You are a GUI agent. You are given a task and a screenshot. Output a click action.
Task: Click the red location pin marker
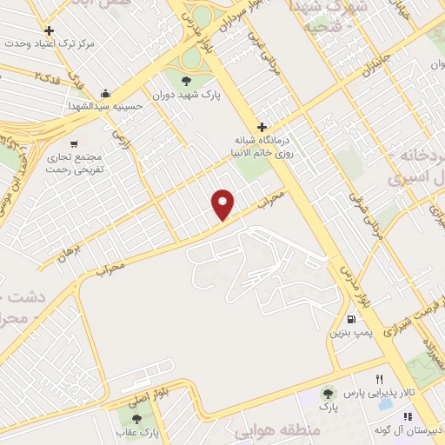[223, 203]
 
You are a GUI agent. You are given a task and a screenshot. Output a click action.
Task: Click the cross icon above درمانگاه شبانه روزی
[261, 128]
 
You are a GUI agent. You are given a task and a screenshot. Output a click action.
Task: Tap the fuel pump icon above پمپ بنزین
[350, 318]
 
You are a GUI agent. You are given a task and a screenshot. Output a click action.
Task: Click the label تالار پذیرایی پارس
[408, 393]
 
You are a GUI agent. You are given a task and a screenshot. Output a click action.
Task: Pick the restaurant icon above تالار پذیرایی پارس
[379, 380]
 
